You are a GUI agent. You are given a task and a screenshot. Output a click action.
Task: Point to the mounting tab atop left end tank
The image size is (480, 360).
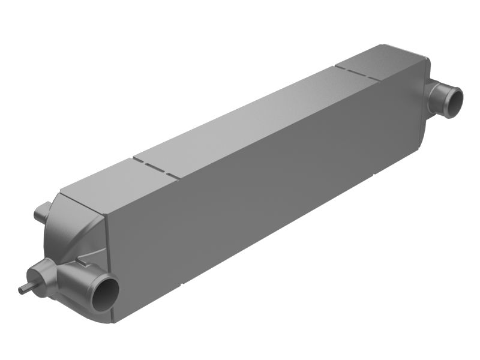pos(41,211)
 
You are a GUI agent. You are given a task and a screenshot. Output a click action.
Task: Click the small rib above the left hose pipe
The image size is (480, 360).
pos(79,261)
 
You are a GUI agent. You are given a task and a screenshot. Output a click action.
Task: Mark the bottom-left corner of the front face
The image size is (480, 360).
pos(114,321)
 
